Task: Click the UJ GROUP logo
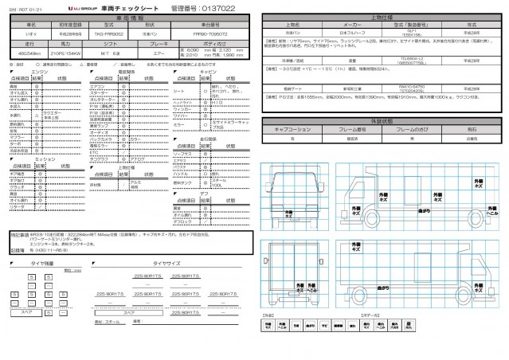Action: click(96, 6)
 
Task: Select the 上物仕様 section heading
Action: click(383, 16)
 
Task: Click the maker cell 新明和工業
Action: click(336, 89)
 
